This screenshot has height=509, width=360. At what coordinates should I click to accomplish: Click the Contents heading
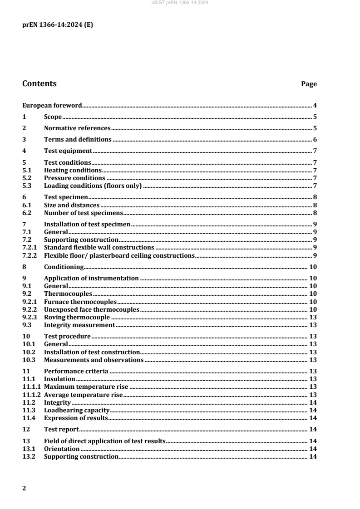tap(39, 84)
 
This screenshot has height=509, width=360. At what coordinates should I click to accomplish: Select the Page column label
tap(309, 84)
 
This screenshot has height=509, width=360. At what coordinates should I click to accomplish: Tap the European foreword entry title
tap(52, 105)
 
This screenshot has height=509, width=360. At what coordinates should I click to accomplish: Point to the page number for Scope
tap(315, 117)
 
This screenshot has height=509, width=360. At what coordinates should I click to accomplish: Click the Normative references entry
tap(77, 128)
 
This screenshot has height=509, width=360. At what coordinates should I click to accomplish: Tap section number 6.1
tap(27, 205)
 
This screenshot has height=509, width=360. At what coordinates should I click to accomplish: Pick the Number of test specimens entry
tap(84, 212)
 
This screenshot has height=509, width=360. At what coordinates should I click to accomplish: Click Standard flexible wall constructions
tap(99, 247)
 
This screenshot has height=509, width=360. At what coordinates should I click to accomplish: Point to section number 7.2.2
tap(30, 255)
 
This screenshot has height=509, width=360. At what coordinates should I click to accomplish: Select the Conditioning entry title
tap(64, 266)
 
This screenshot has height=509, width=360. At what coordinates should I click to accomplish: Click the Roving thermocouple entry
tap(77, 317)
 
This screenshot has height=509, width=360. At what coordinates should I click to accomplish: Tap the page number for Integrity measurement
tap(313, 325)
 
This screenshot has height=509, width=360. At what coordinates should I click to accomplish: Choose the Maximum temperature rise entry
tap(86, 387)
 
